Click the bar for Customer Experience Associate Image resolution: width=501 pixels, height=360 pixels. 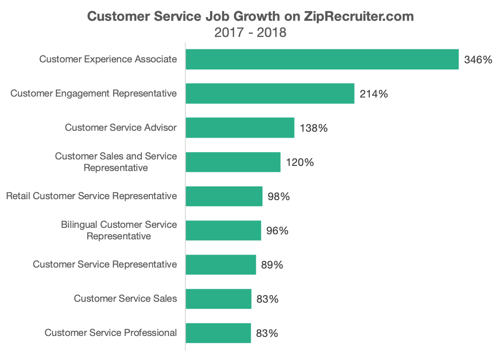pos(322,59)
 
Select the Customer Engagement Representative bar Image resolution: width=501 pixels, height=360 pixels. pos(270,93)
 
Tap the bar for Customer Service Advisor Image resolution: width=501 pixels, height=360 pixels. pos(240,128)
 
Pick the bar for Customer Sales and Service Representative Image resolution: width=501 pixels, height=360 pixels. pos(233,162)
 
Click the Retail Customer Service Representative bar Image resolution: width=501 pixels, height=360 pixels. pos(224,196)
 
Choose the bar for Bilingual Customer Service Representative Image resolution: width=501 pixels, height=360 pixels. pos(223,230)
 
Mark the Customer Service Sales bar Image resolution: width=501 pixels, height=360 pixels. pos(218,299)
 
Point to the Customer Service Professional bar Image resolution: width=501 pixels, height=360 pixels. pos(218,333)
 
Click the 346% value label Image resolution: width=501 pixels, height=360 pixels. pos(478,60)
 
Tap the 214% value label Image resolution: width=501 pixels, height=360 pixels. pos(374,94)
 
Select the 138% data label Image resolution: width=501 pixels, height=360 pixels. pos(314,128)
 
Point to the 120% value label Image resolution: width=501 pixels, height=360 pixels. pos(300,162)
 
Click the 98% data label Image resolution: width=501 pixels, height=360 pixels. pos(279,196)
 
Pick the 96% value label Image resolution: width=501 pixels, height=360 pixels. pos(278,231)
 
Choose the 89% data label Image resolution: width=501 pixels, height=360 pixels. pos(272,265)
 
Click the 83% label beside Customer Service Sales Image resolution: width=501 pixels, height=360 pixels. pos(267,299)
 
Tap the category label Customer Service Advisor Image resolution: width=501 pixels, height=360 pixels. pos(121,128)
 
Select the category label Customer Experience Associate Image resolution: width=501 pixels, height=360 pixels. pos(108,59)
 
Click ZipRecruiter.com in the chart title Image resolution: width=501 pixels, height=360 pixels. pos(359,16)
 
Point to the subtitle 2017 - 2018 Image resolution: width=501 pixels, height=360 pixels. pos(250,33)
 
